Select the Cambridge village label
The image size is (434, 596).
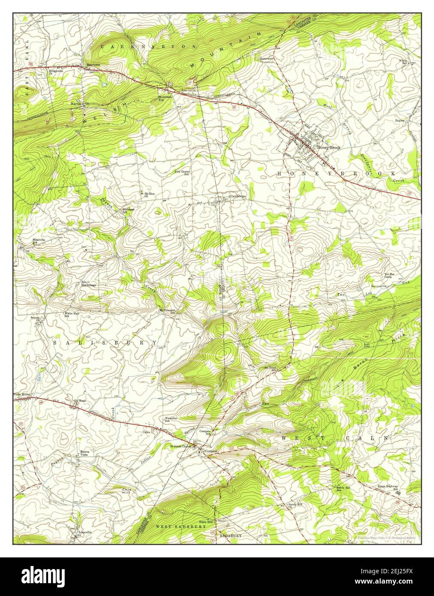click(238, 196)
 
